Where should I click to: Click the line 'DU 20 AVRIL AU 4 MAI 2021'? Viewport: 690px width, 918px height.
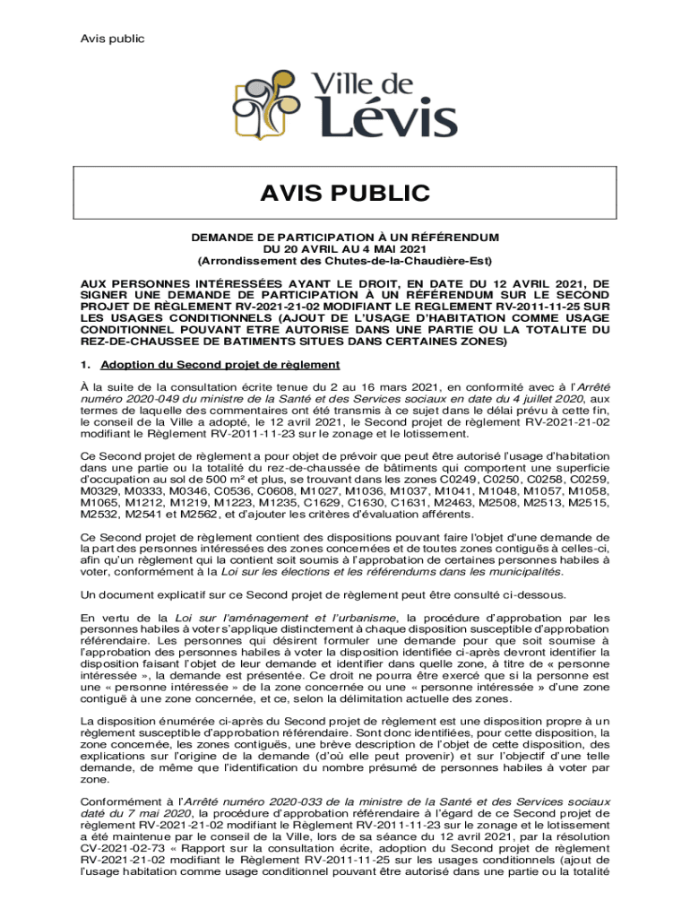pos(345,247)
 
